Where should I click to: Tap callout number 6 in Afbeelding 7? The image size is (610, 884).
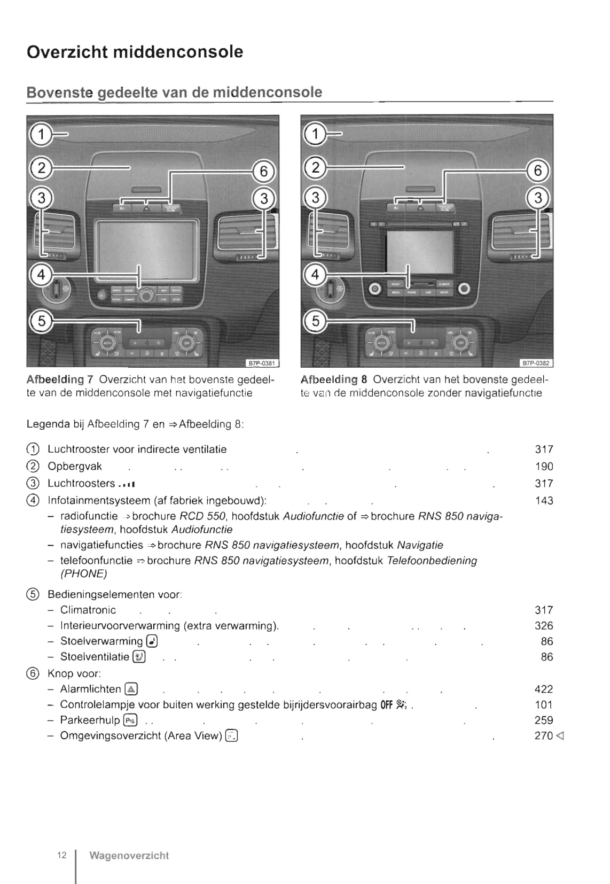263,172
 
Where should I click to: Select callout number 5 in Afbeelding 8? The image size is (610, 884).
315,321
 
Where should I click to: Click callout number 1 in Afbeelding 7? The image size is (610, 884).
41,134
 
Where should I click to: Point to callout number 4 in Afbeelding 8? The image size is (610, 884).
315,275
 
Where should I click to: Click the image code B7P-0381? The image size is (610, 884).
262,363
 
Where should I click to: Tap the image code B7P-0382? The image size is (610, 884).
536,363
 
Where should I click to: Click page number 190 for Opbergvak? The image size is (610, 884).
544,467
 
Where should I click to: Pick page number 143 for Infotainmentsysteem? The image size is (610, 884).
544,501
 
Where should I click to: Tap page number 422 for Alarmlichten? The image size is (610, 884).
544,689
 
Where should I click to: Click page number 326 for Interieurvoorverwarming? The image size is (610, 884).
544,626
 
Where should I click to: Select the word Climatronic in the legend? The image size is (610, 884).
88,610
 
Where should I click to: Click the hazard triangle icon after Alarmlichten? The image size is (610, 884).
131,689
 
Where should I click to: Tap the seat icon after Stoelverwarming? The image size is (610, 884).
152,641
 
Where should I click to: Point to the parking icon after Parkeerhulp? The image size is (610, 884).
130,720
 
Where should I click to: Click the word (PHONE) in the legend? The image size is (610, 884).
83,574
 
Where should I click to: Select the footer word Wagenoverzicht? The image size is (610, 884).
129,856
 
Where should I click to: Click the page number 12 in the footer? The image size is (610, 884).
62,855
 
